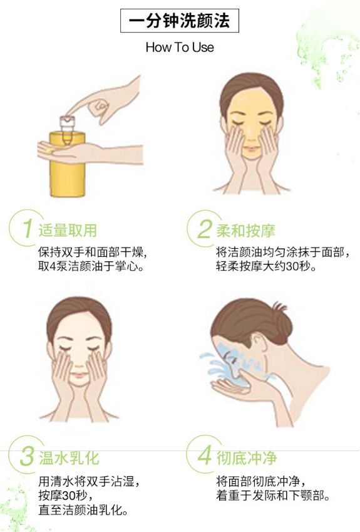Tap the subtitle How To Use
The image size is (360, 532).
180,47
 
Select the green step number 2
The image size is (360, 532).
204,229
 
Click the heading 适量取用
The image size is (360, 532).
68,230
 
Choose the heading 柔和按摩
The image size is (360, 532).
245,230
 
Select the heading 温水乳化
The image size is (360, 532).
68,457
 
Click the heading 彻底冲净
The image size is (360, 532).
246,457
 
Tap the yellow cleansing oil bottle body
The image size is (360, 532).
66,167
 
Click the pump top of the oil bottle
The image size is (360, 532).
67,122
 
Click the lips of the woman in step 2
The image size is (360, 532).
250,150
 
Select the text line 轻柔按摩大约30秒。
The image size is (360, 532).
266,266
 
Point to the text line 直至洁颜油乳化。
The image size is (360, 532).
83,510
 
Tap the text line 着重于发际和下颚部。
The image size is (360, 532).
272,496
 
